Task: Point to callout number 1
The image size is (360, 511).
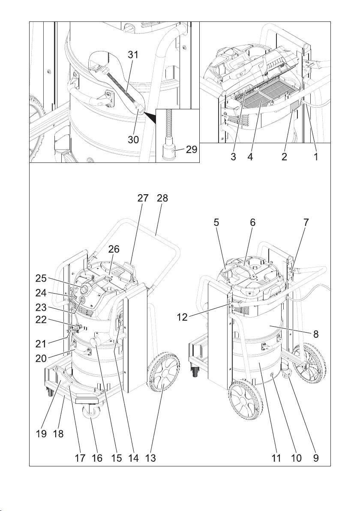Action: tap(316, 157)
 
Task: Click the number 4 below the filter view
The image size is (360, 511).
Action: tap(250, 157)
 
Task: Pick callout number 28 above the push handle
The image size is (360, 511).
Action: tap(162, 198)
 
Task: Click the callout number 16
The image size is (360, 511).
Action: tap(97, 458)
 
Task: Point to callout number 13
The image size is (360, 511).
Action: tap(150, 458)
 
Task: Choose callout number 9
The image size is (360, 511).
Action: tap(316, 458)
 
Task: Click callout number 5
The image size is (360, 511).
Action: tap(216, 223)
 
